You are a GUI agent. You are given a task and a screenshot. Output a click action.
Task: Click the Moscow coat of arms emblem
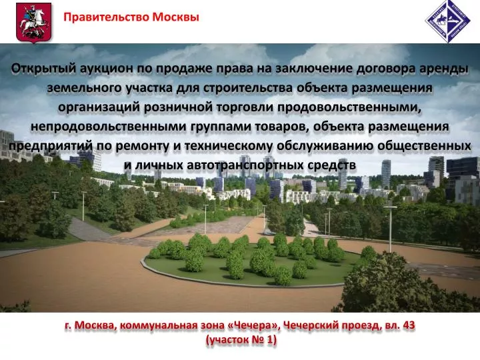34,22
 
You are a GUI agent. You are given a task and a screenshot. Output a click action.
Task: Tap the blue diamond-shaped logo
448,21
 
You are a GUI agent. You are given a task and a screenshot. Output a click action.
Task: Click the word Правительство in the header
106,17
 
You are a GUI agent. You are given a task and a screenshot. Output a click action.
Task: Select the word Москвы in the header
176,17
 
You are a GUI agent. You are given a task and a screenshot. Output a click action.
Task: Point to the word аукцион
106,69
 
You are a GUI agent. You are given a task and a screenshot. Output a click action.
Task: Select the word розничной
174,107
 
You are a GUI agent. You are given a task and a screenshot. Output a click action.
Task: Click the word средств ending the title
331,165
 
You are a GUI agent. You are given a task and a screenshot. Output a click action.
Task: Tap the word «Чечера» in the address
253,325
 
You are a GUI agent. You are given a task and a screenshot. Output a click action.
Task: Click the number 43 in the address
409,325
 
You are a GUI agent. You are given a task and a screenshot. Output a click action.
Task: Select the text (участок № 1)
241,340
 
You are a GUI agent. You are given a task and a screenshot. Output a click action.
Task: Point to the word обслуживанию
325,146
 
